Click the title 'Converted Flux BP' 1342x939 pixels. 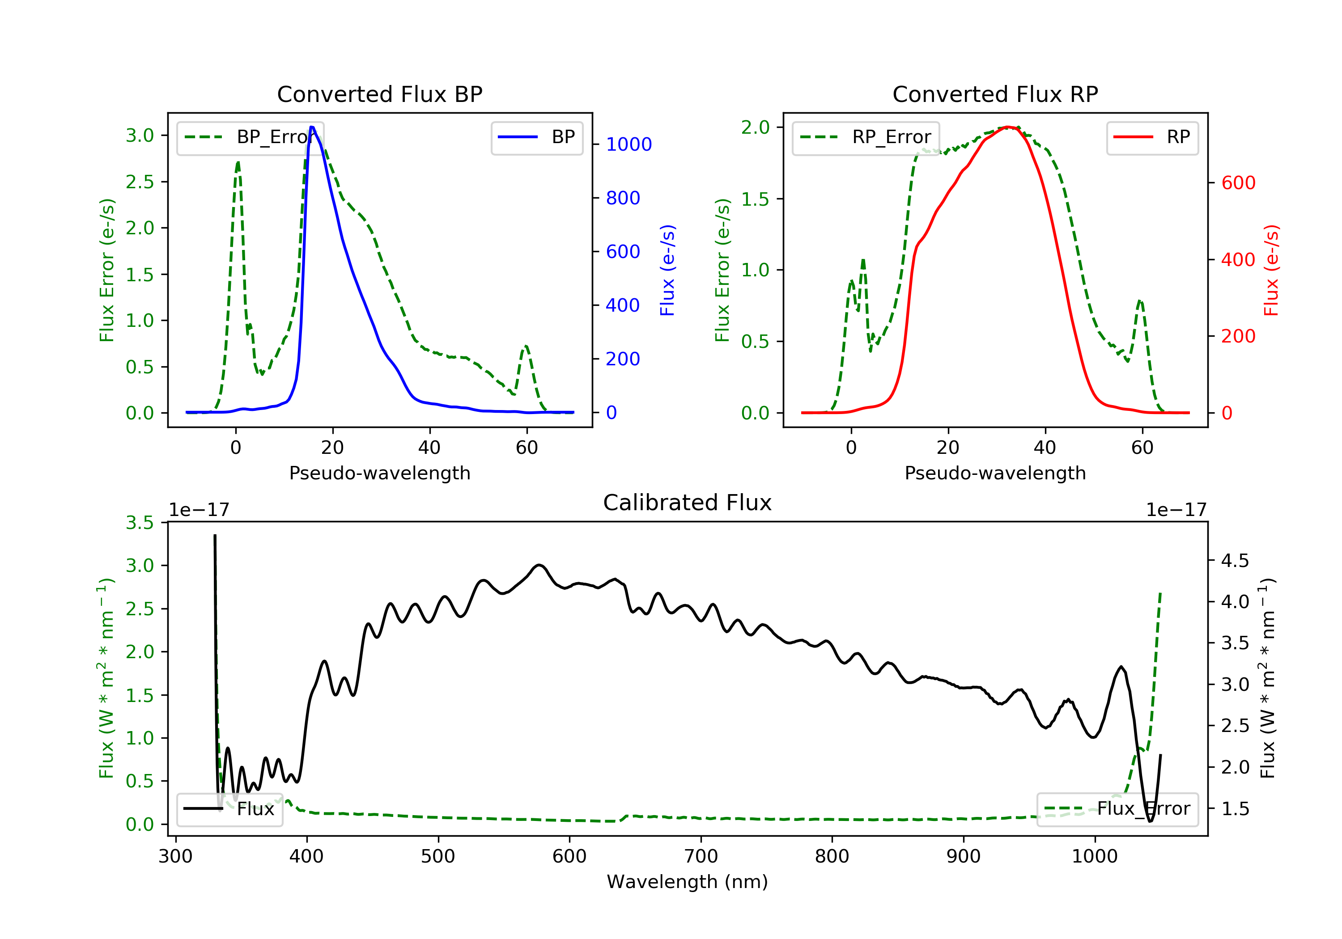[x=379, y=94]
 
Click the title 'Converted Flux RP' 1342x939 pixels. [x=995, y=94]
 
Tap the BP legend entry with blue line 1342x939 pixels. [x=536, y=137]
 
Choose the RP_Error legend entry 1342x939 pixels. [x=865, y=137]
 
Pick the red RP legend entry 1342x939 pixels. [x=1151, y=137]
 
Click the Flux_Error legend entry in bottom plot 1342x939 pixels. [x=1117, y=809]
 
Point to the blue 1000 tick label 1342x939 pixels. [x=629, y=144]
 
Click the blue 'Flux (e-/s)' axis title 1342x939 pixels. [x=667, y=270]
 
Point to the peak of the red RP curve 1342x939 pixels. [x=1008, y=127]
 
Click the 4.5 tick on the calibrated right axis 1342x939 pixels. [x=1235, y=561]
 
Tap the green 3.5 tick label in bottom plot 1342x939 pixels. [x=140, y=522]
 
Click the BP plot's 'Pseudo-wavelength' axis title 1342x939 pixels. [x=379, y=473]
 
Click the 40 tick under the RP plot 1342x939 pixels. [x=1045, y=448]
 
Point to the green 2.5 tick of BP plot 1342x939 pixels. [x=140, y=182]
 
